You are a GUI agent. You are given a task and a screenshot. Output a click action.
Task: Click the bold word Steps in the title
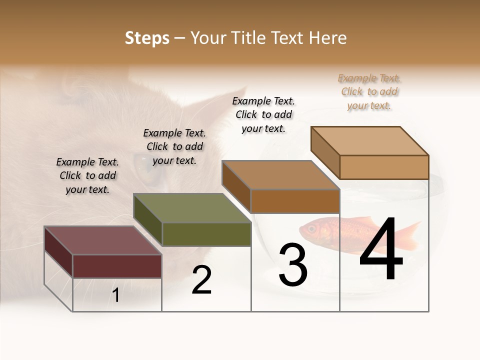point(147,38)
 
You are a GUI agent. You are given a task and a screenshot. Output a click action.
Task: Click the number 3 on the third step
point(293,265)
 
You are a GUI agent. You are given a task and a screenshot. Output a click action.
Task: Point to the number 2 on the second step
point(202,280)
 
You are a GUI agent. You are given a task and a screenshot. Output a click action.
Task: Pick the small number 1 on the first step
point(116,295)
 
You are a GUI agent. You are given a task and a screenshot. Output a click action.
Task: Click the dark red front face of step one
point(117,266)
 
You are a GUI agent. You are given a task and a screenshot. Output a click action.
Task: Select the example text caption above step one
point(87,175)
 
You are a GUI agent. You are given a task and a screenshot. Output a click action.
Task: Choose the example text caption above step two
point(174,146)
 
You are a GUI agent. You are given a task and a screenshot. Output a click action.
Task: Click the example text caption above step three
point(263,114)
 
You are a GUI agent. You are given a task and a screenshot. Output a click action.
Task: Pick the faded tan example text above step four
point(369,91)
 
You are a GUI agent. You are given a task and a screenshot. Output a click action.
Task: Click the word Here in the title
point(328,38)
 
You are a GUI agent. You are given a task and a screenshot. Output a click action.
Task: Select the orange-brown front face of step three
point(295,201)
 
